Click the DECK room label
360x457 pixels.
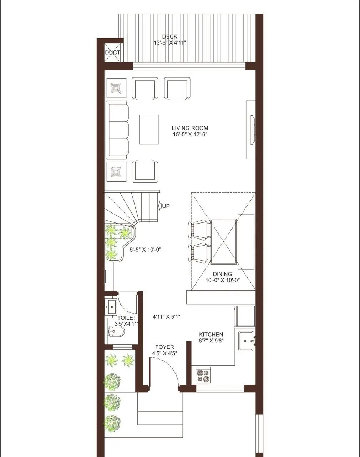click(169, 36)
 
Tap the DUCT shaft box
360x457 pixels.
click(112, 52)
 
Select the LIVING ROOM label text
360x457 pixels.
click(190, 128)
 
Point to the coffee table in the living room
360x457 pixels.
click(149, 130)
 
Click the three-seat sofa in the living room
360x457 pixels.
click(117, 130)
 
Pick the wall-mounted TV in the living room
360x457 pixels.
click(252, 130)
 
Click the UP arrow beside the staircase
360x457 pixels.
click(160, 206)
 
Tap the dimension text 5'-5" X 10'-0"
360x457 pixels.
click(146, 250)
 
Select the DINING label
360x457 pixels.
click(222, 274)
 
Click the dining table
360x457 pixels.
click(223, 241)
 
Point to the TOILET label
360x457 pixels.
click(127, 318)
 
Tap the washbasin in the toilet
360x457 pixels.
click(111, 307)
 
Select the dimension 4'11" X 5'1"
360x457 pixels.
click(166, 317)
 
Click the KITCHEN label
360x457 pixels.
click(211, 335)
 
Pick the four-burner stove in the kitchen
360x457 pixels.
click(203, 376)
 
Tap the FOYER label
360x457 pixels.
click(164, 347)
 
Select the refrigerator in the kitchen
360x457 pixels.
click(245, 316)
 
